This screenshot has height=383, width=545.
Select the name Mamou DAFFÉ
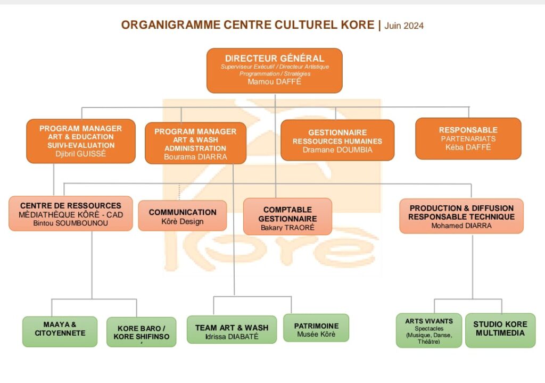(274, 82)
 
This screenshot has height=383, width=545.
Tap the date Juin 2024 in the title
(404, 26)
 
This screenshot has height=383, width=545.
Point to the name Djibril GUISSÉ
(80, 154)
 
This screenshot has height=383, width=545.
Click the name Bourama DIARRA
(195, 157)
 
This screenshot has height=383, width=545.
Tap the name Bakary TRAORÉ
(287, 228)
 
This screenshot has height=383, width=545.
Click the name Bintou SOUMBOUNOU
(70, 223)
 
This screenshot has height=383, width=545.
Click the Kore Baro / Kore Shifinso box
(141, 332)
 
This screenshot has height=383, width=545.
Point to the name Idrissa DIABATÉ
(232, 337)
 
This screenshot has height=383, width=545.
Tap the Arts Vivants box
(429, 330)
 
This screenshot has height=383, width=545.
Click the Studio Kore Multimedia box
(500, 329)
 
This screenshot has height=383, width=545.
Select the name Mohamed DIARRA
(461, 226)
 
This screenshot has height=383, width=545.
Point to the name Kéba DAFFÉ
(468, 147)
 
